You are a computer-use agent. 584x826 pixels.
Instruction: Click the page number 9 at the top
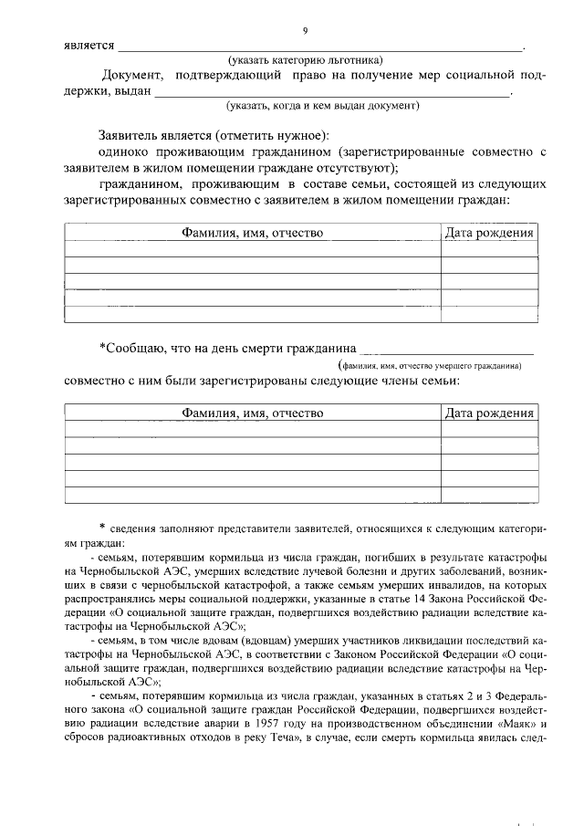pos(305,30)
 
